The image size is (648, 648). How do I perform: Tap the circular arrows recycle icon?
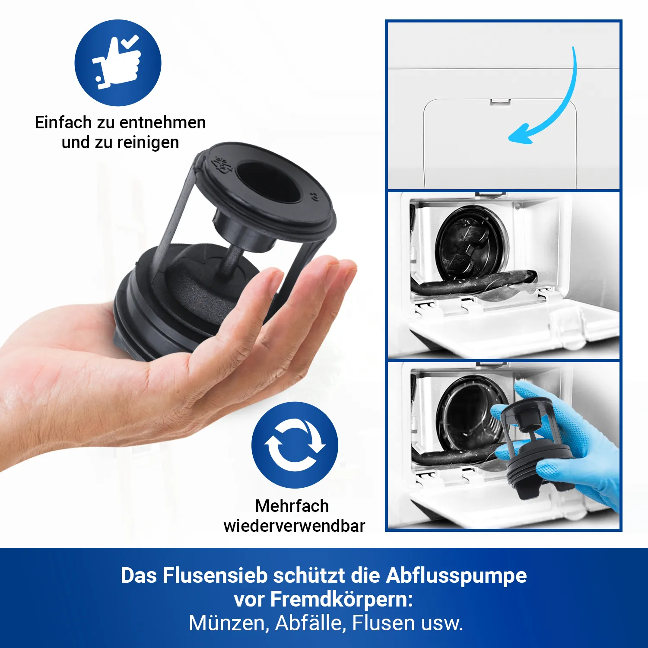295,445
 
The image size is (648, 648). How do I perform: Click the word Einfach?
63,123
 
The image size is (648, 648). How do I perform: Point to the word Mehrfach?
292,506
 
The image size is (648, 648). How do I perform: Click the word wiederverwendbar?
294,526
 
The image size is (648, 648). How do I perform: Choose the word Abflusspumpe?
456,576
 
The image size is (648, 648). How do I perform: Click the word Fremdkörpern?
341,600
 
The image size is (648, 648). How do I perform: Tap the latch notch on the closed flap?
500,102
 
